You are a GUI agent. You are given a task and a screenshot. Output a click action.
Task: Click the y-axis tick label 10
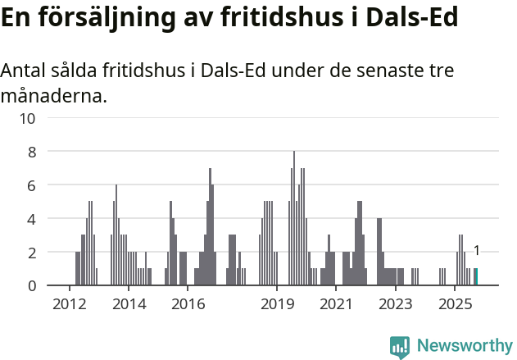point(28,118)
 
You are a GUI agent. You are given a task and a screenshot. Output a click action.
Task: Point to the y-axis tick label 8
point(32,152)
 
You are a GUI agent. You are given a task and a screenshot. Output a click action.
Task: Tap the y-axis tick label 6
point(32,185)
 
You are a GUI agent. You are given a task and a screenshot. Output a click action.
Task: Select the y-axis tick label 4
point(32,219)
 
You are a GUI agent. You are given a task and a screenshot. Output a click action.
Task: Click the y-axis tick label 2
point(32,253)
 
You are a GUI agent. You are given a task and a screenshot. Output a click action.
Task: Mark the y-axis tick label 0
point(32,286)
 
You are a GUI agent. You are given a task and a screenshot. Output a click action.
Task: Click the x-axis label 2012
point(69,304)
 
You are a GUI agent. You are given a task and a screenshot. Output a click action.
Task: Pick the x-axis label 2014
point(129,304)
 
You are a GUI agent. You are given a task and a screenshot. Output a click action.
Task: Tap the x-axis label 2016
point(188,304)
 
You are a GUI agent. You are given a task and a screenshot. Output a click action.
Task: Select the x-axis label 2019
point(277,304)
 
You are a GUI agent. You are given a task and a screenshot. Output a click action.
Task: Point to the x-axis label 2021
point(336,304)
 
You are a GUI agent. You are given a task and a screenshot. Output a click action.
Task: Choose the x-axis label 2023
point(395,304)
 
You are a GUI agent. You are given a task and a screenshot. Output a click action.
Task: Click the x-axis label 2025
point(455,304)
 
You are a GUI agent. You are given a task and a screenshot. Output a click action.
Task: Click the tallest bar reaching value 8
point(294,218)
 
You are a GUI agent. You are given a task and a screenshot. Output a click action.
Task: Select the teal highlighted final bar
point(476,277)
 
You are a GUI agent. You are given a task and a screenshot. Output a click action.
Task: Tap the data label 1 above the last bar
point(476,251)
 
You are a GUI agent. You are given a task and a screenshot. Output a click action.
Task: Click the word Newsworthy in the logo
point(465,345)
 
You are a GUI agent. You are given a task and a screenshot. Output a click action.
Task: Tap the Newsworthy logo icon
point(400,347)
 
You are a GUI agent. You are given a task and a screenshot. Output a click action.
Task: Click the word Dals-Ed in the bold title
point(412,18)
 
